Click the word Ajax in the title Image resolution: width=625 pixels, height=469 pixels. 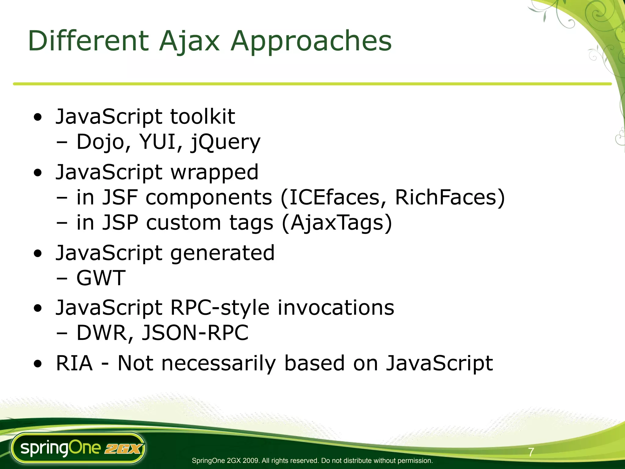[189, 41]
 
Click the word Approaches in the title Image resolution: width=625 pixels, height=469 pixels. [311, 41]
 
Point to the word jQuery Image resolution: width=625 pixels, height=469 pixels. [226, 142]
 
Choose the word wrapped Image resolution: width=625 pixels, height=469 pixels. [214, 172]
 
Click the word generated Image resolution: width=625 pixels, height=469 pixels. [222, 253]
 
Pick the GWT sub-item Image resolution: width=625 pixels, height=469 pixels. [101, 278]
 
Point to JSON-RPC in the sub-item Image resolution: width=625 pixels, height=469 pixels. [195, 333]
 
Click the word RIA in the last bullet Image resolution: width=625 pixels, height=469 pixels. [74, 363]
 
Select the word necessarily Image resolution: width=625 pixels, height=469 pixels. [219, 363]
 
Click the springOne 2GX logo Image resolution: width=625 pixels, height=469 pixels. [78, 448]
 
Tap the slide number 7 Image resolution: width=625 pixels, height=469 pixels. [531, 452]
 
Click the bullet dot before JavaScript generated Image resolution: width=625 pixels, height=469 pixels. [38, 253]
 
